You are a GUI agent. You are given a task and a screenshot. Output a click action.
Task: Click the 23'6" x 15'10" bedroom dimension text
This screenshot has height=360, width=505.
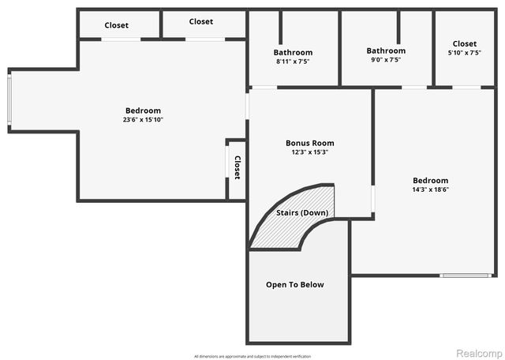tap(143, 120)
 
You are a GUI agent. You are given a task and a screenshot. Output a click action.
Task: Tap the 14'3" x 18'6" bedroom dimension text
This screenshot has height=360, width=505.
tap(431, 189)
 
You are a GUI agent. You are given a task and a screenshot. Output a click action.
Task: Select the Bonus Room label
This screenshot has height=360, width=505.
tap(309, 143)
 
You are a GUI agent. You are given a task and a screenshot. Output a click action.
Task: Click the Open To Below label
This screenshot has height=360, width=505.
tap(294, 284)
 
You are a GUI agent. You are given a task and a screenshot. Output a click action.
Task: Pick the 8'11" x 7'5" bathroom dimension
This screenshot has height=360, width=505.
tap(293, 62)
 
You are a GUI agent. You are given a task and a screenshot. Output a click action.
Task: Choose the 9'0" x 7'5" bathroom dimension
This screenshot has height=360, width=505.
tap(386, 60)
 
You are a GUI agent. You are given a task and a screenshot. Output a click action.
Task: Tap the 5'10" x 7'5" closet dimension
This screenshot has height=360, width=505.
tap(464, 53)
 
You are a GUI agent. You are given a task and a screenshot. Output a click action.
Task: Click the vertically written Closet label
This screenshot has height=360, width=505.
tap(237, 167)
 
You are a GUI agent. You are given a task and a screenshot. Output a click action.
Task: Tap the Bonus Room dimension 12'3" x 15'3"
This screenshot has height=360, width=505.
tap(309, 152)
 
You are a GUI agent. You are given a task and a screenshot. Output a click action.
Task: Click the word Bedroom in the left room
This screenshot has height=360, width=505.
tap(143, 111)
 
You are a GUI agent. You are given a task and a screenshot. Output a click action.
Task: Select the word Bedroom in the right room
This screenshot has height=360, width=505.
tap(431, 180)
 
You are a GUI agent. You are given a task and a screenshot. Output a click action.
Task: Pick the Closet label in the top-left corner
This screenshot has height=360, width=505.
tap(116, 25)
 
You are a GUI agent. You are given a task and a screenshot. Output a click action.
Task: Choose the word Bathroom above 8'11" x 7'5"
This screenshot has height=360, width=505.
tap(293, 52)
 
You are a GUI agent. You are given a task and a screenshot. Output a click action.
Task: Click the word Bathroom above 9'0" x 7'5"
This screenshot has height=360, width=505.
tap(386, 51)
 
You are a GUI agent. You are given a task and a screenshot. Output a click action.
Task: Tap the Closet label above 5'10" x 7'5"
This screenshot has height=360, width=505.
tap(464, 43)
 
